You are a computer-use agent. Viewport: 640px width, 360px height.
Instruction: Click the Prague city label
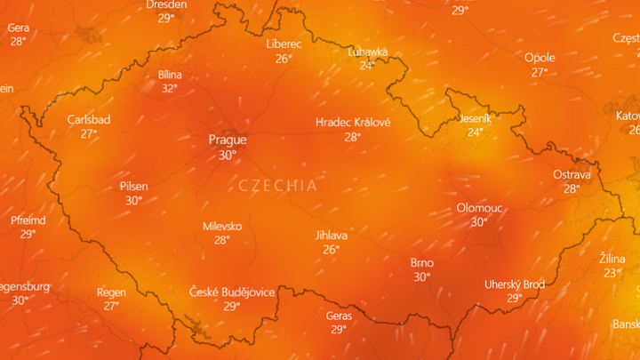228,140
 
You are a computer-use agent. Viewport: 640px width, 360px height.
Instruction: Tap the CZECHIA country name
277,186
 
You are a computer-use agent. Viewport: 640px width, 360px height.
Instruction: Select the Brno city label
421,262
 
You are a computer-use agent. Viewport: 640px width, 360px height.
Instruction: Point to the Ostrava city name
572,174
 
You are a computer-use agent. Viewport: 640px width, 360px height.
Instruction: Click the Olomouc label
479,207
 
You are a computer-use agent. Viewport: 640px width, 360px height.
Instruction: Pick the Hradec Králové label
353,123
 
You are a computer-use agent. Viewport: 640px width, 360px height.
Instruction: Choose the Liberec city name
284,44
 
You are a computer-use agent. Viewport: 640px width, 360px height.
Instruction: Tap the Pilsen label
133,187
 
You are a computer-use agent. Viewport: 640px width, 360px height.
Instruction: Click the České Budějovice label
232,292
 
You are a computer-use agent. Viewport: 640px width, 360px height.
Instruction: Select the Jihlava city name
332,236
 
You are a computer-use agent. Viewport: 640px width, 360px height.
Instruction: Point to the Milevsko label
221,226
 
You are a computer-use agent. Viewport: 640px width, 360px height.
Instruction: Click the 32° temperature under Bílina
169,88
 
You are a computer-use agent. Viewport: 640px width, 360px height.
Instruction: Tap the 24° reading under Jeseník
476,132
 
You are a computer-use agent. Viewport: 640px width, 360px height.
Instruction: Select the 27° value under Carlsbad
89,133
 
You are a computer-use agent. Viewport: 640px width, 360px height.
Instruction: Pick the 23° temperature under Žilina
612,272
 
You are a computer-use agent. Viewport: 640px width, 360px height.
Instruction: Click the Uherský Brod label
514,284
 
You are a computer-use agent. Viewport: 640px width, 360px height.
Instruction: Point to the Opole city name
540,58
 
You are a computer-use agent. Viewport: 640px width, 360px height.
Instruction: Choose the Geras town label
339,316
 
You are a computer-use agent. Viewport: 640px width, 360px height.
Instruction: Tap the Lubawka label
367,52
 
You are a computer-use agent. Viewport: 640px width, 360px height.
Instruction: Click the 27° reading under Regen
111,305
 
